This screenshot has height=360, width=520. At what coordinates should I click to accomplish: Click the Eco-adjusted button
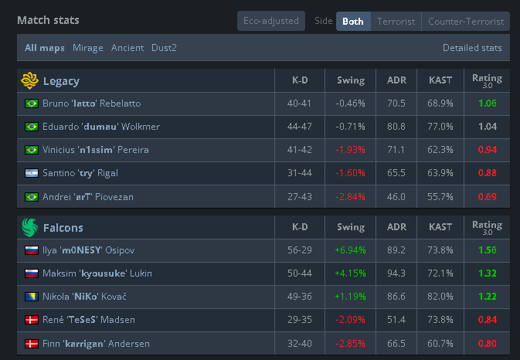(x=271, y=21)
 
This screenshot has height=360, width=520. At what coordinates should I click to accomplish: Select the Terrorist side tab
(x=396, y=22)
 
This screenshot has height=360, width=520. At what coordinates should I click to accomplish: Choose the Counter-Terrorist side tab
(x=466, y=22)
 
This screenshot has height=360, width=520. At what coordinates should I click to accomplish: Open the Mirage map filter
(x=88, y=48)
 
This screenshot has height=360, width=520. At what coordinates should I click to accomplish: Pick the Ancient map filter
(x=127, y=48)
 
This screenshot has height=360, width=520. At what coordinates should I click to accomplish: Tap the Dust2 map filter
(x=164, y=48)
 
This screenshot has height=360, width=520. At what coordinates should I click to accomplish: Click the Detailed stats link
(x=472, y=48)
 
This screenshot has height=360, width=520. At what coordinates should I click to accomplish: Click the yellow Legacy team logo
(x=30, y=80)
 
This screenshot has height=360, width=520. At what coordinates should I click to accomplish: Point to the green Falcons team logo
(x=30, y=227)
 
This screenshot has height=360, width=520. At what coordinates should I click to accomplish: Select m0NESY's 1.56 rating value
(x=488, y=250)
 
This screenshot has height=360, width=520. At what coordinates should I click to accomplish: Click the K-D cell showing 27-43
(x=300, y=197)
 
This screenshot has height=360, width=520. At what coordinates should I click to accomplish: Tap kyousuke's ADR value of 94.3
(x=396, y=273)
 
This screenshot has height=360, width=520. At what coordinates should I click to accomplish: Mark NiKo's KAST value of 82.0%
(x=440, y=297)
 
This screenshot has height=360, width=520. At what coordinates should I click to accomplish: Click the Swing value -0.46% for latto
(x=350, y=104)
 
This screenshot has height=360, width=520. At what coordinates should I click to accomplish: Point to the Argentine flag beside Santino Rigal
(x=32, y=173)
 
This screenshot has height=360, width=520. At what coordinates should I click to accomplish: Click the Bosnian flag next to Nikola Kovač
(x=32, y=297)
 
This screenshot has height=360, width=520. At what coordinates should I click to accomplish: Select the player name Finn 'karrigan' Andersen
(x=96, y=344)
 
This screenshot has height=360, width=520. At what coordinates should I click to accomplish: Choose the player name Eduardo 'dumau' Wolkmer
(x=101, y=127)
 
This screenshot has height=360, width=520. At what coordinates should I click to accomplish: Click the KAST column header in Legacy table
(x=440, y=80)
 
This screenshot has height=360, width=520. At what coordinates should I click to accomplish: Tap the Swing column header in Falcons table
(x=351, y=227)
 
